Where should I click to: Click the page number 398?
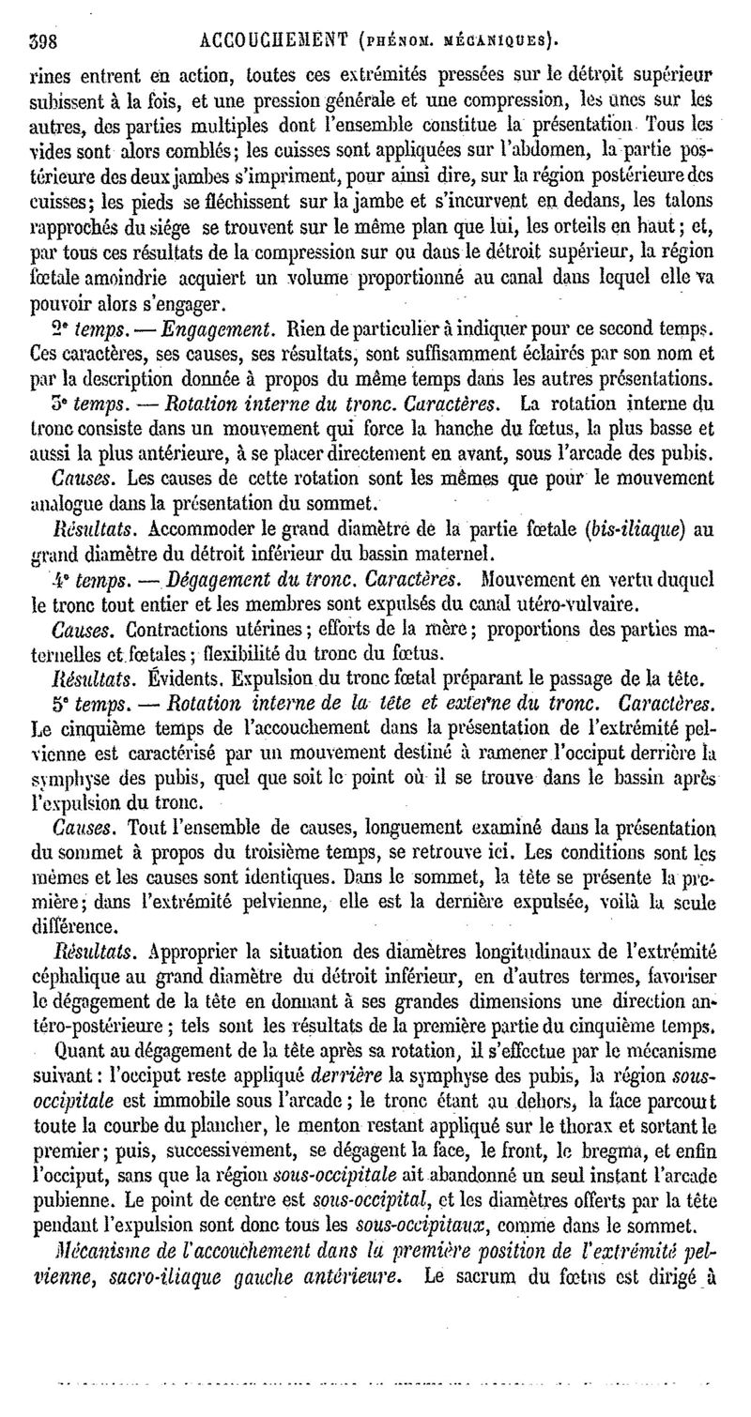[44, 41]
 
